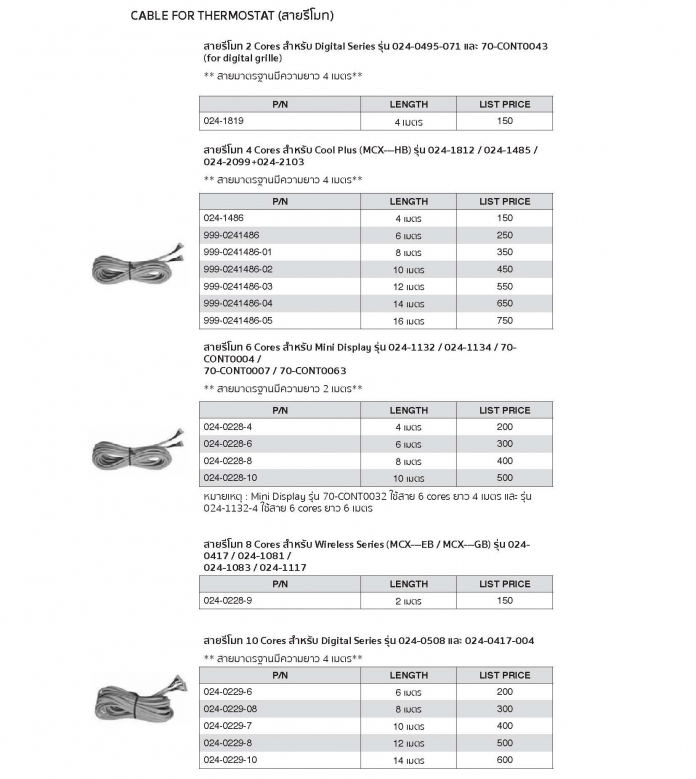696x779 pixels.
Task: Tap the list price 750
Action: pyautogui.click(x=504, y=320)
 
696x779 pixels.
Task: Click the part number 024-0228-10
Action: pyautogui.click(x=230, y=478)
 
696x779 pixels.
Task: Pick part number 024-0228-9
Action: pyautogui.click(x=228, y=601)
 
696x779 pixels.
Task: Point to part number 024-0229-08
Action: pyautogui.click(x=231, y=709)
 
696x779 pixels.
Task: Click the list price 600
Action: pyautogui.click(x=504, y=760)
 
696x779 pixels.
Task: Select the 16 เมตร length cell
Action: pyautogui.click(x=408, y=320)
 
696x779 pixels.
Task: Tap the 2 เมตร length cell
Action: pyautogui.click(x=408, y=601)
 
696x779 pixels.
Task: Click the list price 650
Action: pyautogui.click(x=504, y=303)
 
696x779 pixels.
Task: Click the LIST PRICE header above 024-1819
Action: pyautogui.click(x=504, y=104)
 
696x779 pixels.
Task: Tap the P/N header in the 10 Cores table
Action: pyautogui.click(x=279, y=675)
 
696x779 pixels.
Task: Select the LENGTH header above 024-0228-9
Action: pyautogui.click(x=408, y=584)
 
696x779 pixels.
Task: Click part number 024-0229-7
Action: pyautogui.click(x=228, y=726)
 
